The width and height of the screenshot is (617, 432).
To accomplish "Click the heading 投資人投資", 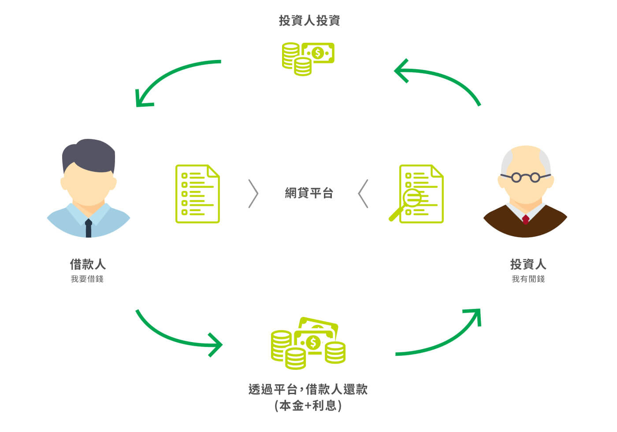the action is [309, 20].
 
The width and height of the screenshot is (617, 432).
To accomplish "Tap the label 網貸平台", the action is [309, 193].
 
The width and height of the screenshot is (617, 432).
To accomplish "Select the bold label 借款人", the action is [88, 264].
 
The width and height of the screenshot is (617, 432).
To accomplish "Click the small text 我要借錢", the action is [87, 279].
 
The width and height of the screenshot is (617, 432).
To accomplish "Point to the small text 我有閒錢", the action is [528, 279].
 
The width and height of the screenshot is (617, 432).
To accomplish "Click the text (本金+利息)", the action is [308, 406].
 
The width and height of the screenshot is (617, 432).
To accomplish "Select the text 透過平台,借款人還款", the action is [308, 389].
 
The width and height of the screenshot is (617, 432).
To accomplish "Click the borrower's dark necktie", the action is [89, 228].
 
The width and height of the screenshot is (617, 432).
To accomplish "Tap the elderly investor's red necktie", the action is [525, 220].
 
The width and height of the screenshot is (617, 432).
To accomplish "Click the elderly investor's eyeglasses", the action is [525, 177].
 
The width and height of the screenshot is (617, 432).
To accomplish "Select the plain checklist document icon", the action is [197, 194].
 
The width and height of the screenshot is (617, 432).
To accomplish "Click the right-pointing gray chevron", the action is [253, 194].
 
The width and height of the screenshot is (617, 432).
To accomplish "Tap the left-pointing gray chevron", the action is [363, 194].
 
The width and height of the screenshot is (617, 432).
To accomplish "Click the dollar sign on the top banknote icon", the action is [318, 53].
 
